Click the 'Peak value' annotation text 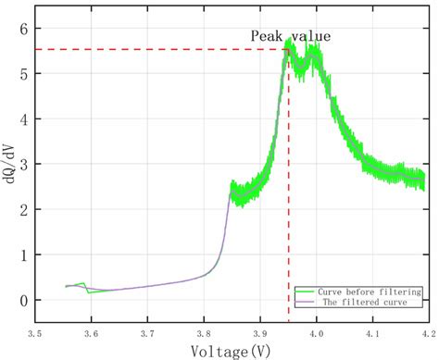(x=290, y=36)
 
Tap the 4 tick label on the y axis (x=23, y=119)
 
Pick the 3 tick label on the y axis (x=23, y=165)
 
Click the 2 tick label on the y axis (x=23, y=209)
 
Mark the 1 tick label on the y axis (x=23, y=254)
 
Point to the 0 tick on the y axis (x=23, y=300)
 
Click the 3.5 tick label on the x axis (x=34, y=330)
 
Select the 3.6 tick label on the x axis (x=91, y=330)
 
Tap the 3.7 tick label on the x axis (x=147, y=330)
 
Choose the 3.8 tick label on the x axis (x=204, y=330)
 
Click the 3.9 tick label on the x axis (x=260, y=330)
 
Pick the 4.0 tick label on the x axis (x=317, y=330)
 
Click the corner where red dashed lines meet (x=288, y=49)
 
